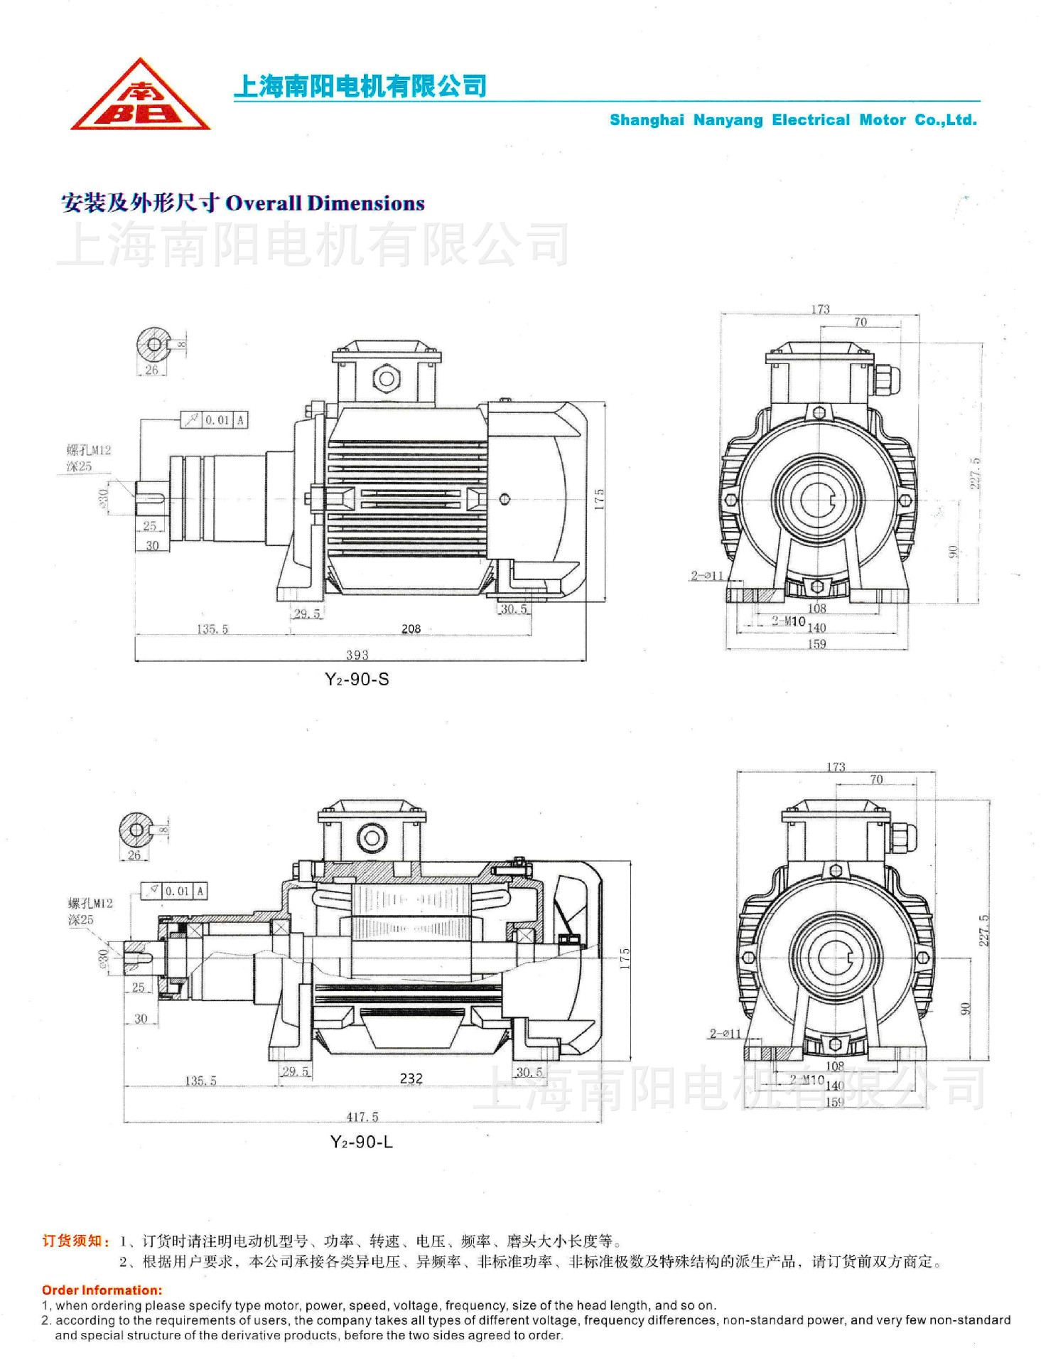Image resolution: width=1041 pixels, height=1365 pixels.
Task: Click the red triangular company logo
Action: (x=140, y=98)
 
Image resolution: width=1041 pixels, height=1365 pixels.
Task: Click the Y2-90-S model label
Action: (x=357, y=680)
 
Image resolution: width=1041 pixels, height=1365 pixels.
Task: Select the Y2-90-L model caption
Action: (x=361, y=1142)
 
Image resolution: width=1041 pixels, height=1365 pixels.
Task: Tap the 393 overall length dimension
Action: (x=357, y=655)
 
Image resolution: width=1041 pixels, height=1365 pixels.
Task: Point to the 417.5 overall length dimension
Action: (x=362, y=1117)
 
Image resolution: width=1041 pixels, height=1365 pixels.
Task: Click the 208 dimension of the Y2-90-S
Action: (x=411, y=629)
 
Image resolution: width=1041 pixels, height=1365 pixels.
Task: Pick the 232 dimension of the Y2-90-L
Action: (x=411, y=1078)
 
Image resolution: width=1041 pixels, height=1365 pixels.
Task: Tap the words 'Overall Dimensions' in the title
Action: (x=325, y=203)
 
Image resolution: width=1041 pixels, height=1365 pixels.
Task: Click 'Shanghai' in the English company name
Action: (x=647, y=120)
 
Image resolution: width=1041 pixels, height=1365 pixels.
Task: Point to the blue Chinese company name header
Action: (x=360, y=87)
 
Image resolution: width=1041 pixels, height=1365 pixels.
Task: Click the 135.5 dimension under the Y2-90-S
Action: (x=212, y=629)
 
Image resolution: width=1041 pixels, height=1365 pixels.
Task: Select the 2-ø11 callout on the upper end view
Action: (x=706, y=576)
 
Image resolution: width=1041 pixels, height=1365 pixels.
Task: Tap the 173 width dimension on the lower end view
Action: (x=836, y=767)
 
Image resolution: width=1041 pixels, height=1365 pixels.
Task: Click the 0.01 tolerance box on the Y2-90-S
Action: (x=217, y=420)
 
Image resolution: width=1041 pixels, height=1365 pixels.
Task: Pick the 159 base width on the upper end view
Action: (x=816, y=645)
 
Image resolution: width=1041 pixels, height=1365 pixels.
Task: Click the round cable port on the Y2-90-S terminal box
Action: (x=387, y=378)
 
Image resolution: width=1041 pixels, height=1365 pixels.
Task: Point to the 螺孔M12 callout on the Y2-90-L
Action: (x=90, y=904)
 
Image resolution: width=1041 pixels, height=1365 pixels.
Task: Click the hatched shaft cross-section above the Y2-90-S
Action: (x=153, y=345)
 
